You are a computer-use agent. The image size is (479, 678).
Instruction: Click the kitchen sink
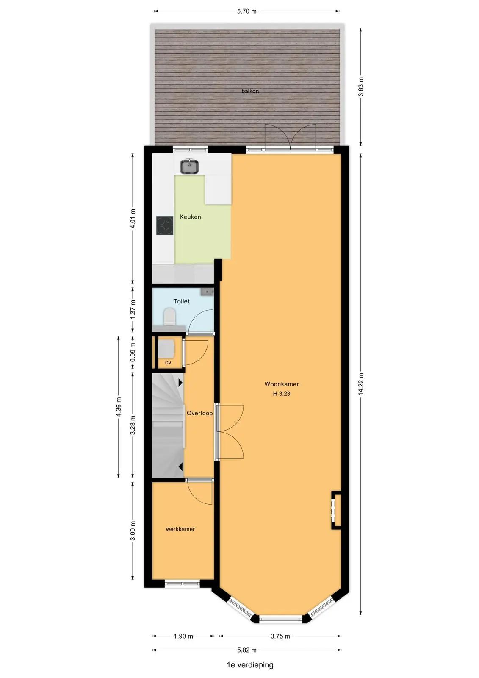click(189, 166)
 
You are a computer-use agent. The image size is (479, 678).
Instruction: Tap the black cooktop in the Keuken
click(165, 225)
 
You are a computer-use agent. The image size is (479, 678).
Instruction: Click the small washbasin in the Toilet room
click(207, 292)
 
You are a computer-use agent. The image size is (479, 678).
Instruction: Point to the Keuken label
click(190, 217)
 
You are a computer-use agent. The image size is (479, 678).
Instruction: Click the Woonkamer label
click(281, 384)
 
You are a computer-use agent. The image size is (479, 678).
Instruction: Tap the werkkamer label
click(180, 529)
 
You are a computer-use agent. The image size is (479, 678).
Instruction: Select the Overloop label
click(199, 413)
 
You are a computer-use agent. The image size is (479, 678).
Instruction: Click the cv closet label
click(168, 363)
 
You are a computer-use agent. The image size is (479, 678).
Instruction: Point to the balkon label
click(250, 91)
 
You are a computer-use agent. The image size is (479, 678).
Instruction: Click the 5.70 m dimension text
click(246, 11)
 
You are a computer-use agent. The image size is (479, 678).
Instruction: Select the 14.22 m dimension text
click(361, 384)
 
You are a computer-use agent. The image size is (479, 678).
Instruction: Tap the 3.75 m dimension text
click(280, 636)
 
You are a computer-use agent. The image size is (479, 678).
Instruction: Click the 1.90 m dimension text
click(183, 636)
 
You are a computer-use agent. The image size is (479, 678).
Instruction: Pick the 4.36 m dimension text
click(119, 407)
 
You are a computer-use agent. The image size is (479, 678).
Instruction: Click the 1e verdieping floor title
click(250, 665)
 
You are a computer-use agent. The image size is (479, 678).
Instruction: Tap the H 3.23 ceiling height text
click(281, 394)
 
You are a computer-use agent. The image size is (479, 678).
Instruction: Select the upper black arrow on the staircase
click(180, 383)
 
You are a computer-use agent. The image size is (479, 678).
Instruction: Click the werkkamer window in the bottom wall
click(182, 583)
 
